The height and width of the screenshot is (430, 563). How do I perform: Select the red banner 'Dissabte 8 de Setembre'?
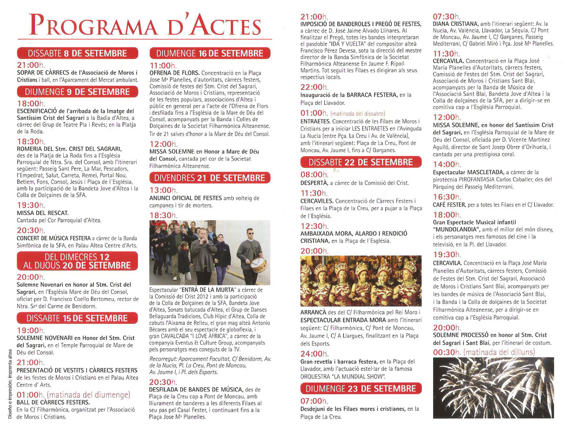78,53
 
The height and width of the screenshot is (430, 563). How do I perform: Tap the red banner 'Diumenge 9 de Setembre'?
78,91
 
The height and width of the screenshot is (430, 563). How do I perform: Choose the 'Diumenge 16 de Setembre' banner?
210,53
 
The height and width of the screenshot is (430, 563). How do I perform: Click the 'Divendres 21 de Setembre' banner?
210,178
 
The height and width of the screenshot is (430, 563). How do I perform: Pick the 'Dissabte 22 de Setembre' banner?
360,162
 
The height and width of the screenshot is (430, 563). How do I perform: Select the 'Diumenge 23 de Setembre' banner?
360,389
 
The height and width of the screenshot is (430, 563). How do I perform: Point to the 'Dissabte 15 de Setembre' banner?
78,318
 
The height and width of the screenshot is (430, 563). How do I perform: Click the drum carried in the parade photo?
259,264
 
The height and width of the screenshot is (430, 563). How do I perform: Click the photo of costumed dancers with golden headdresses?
360,281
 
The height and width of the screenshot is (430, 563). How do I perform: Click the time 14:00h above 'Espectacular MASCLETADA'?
444,164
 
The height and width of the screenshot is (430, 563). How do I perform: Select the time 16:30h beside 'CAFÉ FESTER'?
444,197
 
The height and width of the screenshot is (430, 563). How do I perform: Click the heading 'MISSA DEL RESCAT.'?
43,213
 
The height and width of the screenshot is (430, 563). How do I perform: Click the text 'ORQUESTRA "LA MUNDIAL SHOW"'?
343,376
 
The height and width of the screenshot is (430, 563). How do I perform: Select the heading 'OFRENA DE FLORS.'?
174,73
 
